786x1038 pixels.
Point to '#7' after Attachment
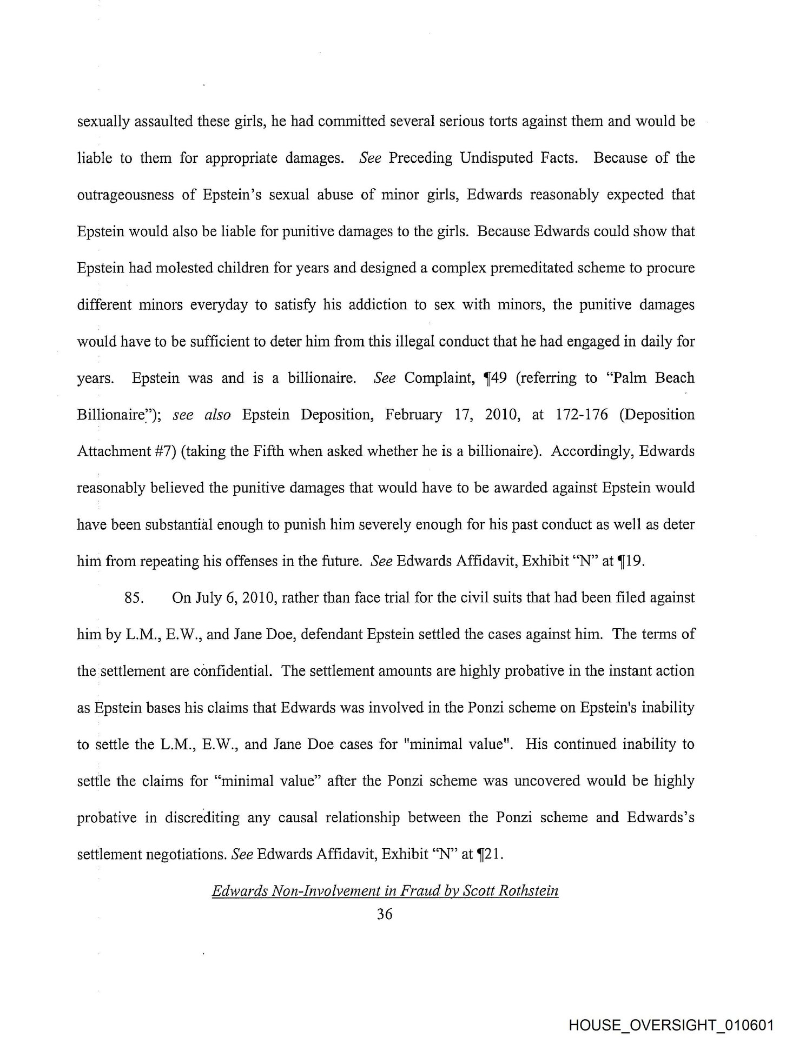pos(164,451)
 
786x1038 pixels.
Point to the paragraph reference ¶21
pos(490,854)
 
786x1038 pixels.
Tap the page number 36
pos(385,914)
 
